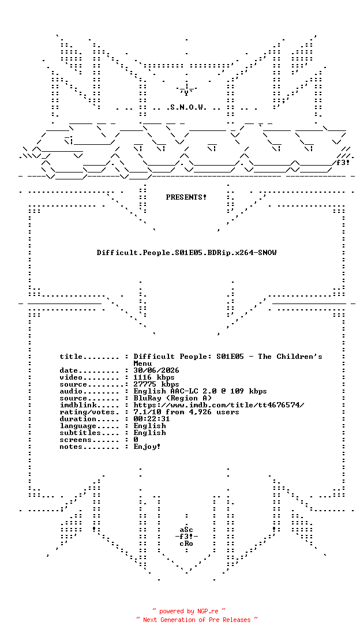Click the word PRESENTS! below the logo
click(x=186, y=197)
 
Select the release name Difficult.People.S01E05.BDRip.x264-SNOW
click(x=186, y=253)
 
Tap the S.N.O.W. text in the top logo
click(x=186, y=108)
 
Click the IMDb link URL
click(x=219, y=405)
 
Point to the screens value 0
click(x=136, y=440)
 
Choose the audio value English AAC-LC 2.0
click(x=175, y=391)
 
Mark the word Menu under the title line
click(x=142, y=364)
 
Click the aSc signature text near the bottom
click(x=186, y=530)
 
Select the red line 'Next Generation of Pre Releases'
click(x=197, y=620)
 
